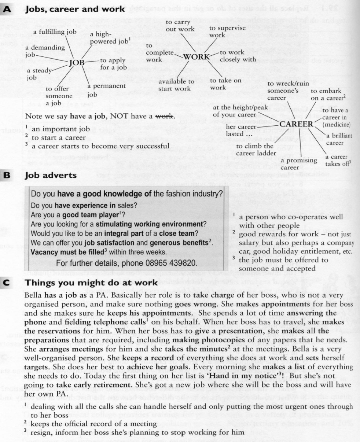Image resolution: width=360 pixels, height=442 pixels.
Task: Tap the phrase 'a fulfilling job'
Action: point(55,32)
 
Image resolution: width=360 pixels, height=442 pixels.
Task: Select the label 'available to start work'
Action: point(176,85)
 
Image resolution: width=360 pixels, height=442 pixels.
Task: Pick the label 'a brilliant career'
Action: point(339,139)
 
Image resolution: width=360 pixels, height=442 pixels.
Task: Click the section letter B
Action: point(7,176)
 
